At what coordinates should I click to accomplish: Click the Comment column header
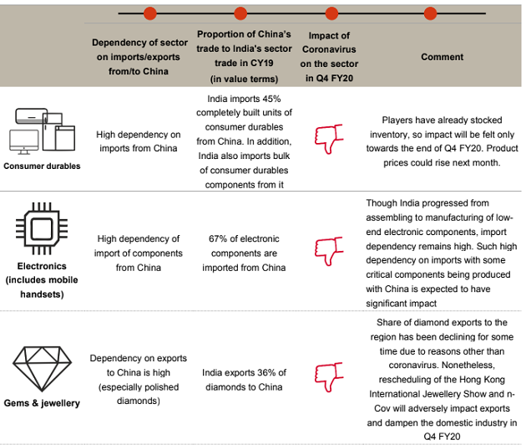click(x=442, y=57)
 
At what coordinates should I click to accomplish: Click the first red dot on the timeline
click(x=150, y=13)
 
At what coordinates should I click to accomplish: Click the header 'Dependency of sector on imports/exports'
click(x=139, y=57)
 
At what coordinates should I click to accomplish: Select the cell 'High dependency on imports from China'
click(x=138, y=141)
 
